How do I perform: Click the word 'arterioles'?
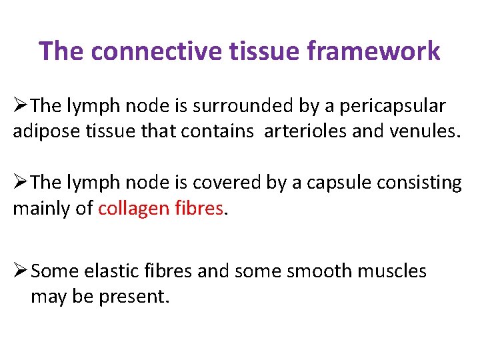point(305,131)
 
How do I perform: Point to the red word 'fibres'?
point(198,208)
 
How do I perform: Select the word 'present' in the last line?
point(133,296)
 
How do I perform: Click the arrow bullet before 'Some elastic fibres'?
point(21,271)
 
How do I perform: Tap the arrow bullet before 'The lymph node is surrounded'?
point(21,106)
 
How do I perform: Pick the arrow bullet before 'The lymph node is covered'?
point(21,182)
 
